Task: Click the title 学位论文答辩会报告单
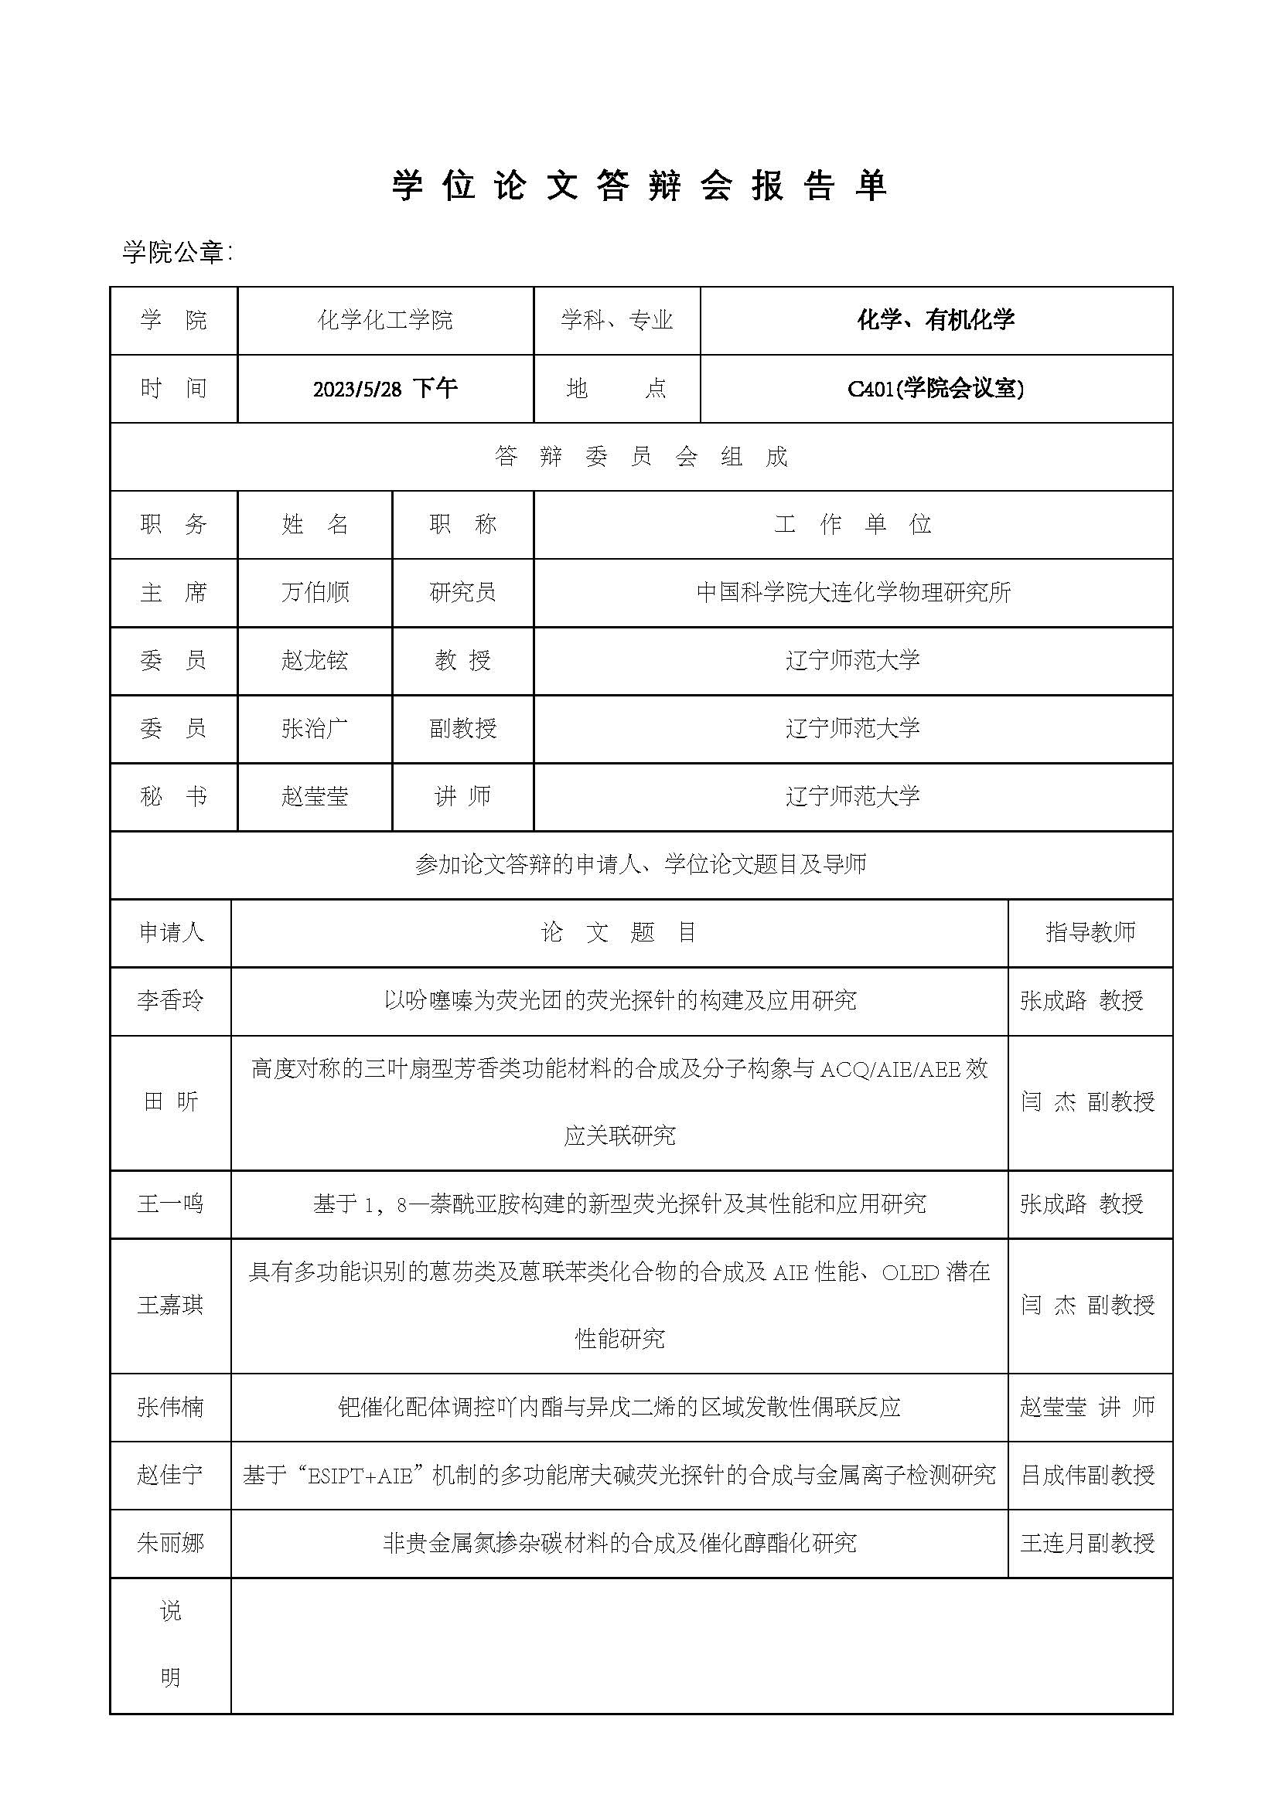pos(639,186)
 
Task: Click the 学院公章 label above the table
pos(177,252)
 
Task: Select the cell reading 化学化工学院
pos(385,320)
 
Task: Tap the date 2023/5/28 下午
pos(385,388)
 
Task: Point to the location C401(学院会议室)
pos(936,388)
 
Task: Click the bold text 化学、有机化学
pos(936,320)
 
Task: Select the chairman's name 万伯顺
pos(315,592)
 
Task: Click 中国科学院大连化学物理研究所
pos(853,592)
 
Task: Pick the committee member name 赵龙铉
pos(315,660)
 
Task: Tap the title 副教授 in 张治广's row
pos(463,728)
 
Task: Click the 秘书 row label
pos(173,796)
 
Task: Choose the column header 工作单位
pos(853,524)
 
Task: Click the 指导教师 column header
pos(1090,932)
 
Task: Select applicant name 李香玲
pos(170,1000)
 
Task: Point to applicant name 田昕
pos(170,1101)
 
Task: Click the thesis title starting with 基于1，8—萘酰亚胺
pos(619,1204)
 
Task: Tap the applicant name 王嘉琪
pos(170,1305)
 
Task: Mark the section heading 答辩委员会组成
pos(641,457)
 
